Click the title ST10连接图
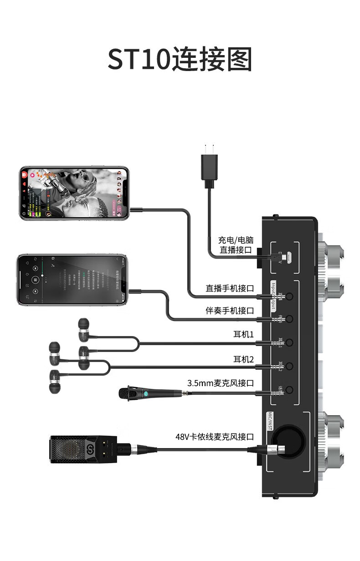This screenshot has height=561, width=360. coord(180,60)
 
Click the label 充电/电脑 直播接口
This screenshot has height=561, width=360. coord(236,245)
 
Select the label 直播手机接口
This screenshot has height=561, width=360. coord(230,288)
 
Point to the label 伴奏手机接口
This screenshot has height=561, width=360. coord(230,311)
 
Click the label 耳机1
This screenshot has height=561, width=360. coord(243,335)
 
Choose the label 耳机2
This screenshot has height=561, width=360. coord(243,360)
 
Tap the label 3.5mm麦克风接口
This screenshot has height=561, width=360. coord(221,383)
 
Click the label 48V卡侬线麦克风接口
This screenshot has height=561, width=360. coord(215,437)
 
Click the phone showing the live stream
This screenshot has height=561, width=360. coord(74,193)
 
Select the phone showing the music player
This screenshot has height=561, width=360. coord(72,279)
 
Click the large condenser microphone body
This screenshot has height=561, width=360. coord(73,449)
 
